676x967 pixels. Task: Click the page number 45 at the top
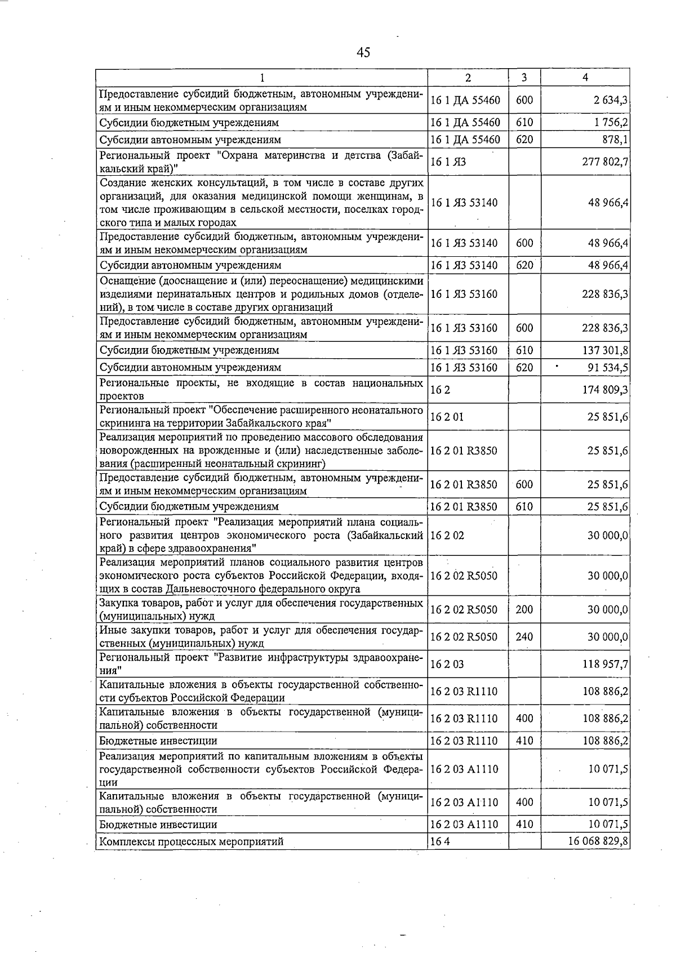point(363,52)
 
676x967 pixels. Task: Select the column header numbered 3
point(524,78)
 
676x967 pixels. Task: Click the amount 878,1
point(615,140)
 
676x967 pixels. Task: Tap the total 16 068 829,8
point(598,841)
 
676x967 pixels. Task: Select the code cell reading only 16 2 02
point(447,535)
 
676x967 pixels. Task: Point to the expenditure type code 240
point(524,637)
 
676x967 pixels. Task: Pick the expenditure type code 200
point(524,609)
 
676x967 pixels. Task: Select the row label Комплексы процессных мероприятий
point(192,841)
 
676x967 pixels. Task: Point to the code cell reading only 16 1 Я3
point(448,162)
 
